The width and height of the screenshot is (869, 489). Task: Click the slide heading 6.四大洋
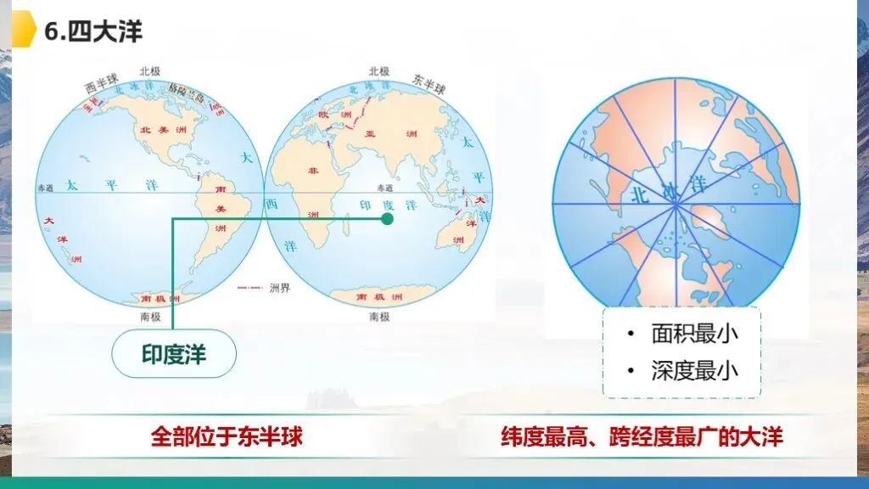click(x=93, y=32)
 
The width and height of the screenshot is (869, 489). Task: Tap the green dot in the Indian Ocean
click(x=387, y=219)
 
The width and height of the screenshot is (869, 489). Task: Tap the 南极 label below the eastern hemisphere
click(x=379, y=317)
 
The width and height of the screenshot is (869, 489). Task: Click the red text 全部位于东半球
click(x=227, y=437)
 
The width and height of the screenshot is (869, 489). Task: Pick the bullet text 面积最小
click(x=694, y=333)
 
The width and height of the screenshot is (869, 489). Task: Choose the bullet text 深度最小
click(x=694, y=370)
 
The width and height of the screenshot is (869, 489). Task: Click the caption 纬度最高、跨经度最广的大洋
click(x=642, y=437)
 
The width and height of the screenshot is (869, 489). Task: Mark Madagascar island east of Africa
click(x=346, y=225)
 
